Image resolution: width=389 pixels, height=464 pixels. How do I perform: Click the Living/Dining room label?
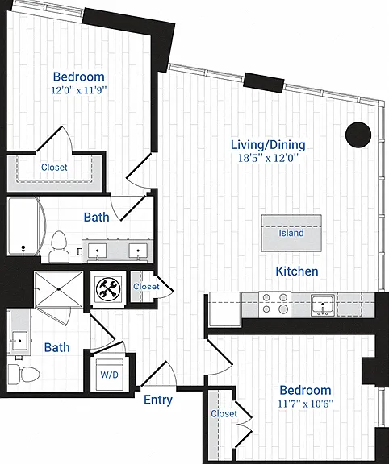tap(268, 145)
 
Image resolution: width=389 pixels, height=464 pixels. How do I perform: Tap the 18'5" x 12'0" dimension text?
tap(268, 158)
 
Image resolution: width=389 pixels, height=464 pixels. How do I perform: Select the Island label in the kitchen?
tap(291, 233)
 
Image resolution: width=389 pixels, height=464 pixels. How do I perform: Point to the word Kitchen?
tap(297, 271)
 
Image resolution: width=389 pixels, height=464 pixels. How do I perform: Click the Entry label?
tap(158, 400)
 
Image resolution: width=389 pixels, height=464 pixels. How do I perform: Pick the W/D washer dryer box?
tap(110, 375)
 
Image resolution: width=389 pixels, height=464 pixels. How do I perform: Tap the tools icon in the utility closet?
tap(108, 289)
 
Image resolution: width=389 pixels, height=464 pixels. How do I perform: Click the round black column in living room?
tap(358, 135)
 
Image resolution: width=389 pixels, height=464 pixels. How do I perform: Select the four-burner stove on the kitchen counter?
tap(274, 304)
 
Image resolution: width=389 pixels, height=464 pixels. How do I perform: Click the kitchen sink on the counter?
tap(323, 304)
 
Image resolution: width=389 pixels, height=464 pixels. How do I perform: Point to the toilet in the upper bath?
tap(59, 246)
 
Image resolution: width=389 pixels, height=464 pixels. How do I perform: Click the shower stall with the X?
tap(58, 289)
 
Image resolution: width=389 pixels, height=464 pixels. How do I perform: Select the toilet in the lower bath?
tap(23, 374)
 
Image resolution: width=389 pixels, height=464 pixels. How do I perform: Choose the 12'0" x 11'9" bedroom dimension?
tap(79, 90)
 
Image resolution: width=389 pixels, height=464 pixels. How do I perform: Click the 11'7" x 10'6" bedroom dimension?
tap(305, 404)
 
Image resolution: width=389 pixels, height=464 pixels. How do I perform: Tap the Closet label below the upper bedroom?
tap(54, 168)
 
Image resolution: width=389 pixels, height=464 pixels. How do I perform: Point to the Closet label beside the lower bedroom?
tap(224, 413)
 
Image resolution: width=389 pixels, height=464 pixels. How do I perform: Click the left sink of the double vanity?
tap(97, 251)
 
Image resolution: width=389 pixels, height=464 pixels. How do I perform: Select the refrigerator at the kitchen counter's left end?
tap(224, 309)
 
